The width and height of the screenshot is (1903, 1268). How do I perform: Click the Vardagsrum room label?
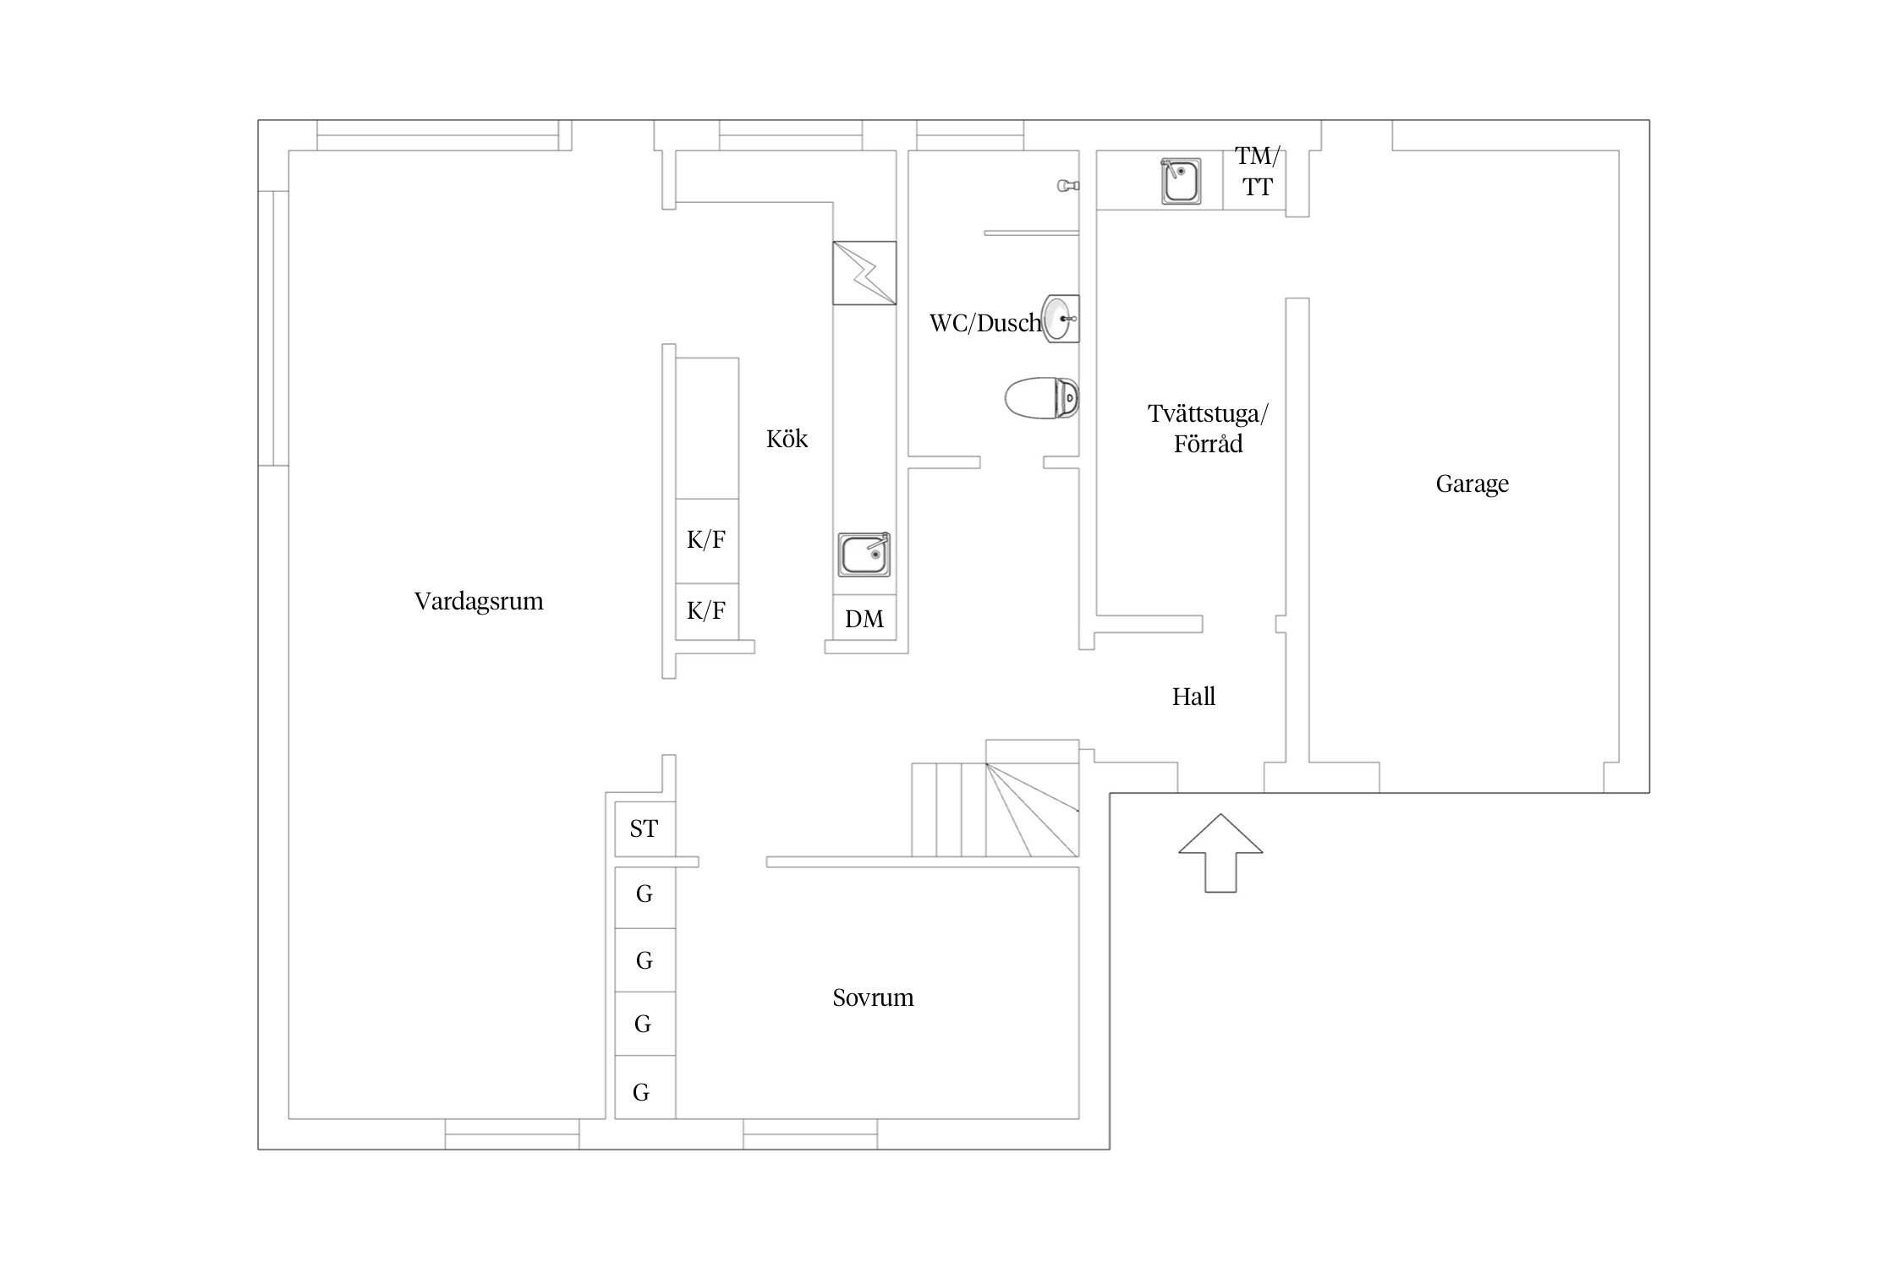pos(479,602)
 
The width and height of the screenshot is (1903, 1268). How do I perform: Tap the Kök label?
pos(787,439)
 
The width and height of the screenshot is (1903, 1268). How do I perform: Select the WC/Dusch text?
pos(985,323)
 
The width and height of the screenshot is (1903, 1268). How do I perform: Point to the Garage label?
pos(1472,484)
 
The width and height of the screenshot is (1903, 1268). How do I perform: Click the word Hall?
pos(1193,697)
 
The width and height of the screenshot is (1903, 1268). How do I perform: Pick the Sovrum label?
pos(873,997)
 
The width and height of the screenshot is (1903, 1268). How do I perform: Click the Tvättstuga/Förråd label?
pos(1208,429)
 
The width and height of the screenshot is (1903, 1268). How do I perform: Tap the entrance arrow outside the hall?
pos(1220,853)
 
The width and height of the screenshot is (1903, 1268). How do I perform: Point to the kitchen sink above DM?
pos(864,555)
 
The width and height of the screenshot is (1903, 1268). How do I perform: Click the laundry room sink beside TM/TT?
pos(1181,180)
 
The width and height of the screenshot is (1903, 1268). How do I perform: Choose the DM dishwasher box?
pos(864,618)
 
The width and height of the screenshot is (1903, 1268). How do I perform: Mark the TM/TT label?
pos(1258,171)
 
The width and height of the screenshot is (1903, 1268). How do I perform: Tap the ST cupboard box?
pos(644,828)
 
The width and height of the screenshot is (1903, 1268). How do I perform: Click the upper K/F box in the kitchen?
pos(707,541)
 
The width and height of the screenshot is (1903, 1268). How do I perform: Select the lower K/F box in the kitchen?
pos(707,611)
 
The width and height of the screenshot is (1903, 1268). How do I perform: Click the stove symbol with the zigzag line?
pos(864,273)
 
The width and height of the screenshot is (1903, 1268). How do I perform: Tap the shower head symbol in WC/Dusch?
pos(1068,185)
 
